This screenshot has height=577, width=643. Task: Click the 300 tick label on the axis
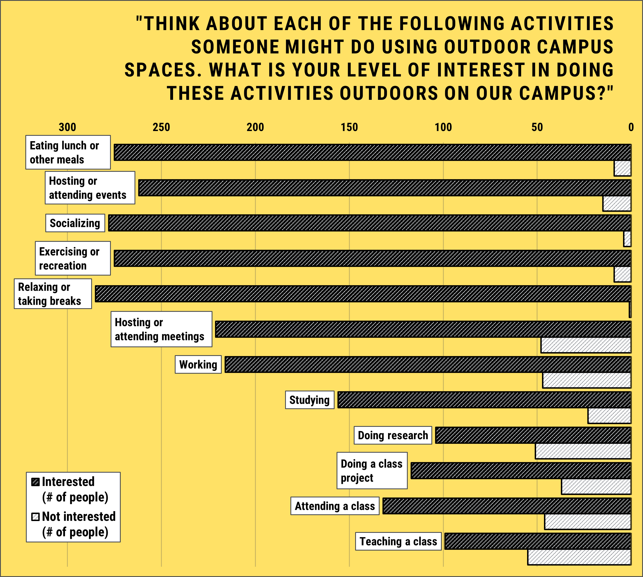click(x=67, y=127)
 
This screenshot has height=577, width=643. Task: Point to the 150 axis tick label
click(x=349, y=127)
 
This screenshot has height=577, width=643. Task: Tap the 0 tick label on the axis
click(x=631, y=127)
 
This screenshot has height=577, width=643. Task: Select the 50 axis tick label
click(x=537, y=127)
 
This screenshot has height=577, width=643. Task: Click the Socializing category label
click(x=75, y=223)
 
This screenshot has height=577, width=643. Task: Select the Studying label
click(x=309, y=400)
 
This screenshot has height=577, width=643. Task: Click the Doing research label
click(x=393, y=435)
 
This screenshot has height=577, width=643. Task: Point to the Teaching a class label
click(x=398, y=541)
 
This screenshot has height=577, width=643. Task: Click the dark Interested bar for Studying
click(x=484, y=400)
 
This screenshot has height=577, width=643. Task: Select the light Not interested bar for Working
click(x=586, y=380)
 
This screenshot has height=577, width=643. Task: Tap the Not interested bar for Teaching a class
click(x=579, y=557)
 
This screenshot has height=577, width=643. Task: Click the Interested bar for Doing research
click(x=533, y=435)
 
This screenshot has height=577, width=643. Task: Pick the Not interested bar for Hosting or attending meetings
click(x=586, y=345)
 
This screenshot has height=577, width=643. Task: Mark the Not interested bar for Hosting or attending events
click(x=616, y=204)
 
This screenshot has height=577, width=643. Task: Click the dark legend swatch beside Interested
click(x=35, y=482)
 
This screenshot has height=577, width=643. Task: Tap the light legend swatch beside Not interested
click(x=35, y=517)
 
